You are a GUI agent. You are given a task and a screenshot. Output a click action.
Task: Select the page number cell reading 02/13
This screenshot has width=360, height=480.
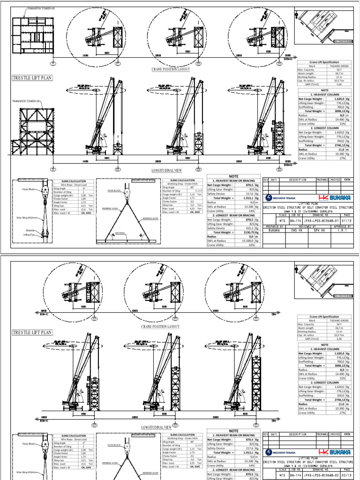tap(348, 474)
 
